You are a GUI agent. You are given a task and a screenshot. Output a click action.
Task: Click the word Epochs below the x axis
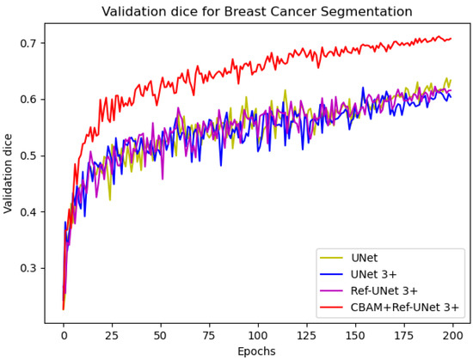(256, 351)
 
